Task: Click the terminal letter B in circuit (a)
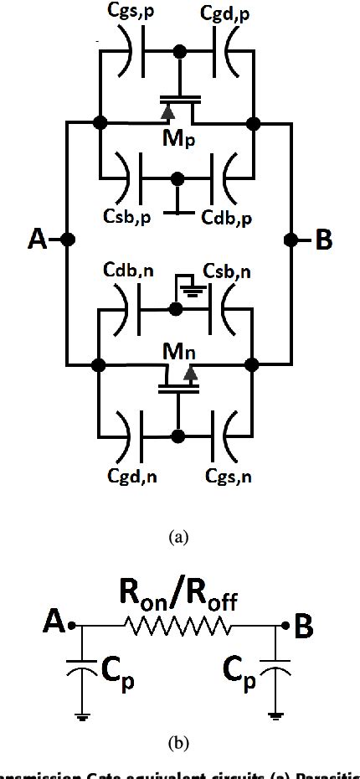(322, 240)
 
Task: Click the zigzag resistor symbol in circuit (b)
(177, 625)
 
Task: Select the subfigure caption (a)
(178, 537)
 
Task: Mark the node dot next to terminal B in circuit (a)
(291, 240)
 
